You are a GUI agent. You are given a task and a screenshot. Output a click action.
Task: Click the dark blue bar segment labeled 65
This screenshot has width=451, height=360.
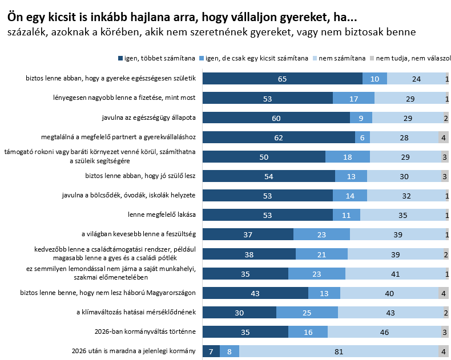283,78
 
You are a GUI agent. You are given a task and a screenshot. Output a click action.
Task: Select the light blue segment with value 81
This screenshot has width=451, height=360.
339,351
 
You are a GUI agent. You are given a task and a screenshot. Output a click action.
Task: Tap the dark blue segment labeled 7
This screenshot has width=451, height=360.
211,351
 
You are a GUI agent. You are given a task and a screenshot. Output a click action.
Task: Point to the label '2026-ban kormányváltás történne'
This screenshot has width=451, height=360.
145,331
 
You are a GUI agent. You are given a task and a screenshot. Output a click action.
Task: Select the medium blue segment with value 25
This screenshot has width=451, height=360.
307,312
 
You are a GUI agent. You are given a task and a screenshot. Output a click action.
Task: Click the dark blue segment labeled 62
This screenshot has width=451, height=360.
279,137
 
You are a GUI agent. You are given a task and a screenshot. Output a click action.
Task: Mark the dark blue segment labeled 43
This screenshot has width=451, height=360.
255,293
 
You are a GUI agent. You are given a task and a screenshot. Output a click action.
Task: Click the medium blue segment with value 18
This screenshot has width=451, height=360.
348,156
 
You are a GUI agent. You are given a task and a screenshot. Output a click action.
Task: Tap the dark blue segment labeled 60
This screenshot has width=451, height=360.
276,118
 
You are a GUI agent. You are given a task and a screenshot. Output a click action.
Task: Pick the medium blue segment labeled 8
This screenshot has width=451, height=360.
229,351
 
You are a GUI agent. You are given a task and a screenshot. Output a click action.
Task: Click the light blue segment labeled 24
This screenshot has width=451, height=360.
416,78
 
